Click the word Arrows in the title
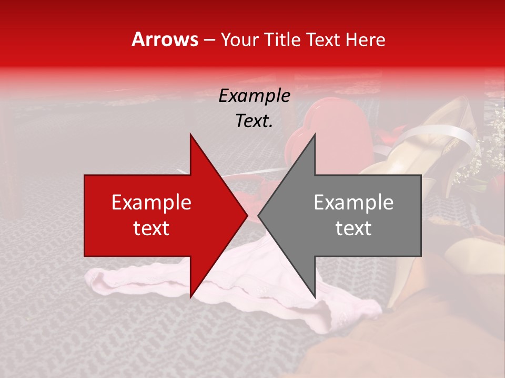pos(165,40)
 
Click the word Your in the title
pos(239,40)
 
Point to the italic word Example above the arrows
pos(254,96)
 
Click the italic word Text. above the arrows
pos(254,121)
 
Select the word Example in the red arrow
pos(151,203)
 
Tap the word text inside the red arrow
pos(151,228)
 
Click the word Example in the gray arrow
pos(353,203)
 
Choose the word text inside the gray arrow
pos(353,228)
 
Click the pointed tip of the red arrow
pos(247,215)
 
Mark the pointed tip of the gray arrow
pos(258,215)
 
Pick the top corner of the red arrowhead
pos(190,133)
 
